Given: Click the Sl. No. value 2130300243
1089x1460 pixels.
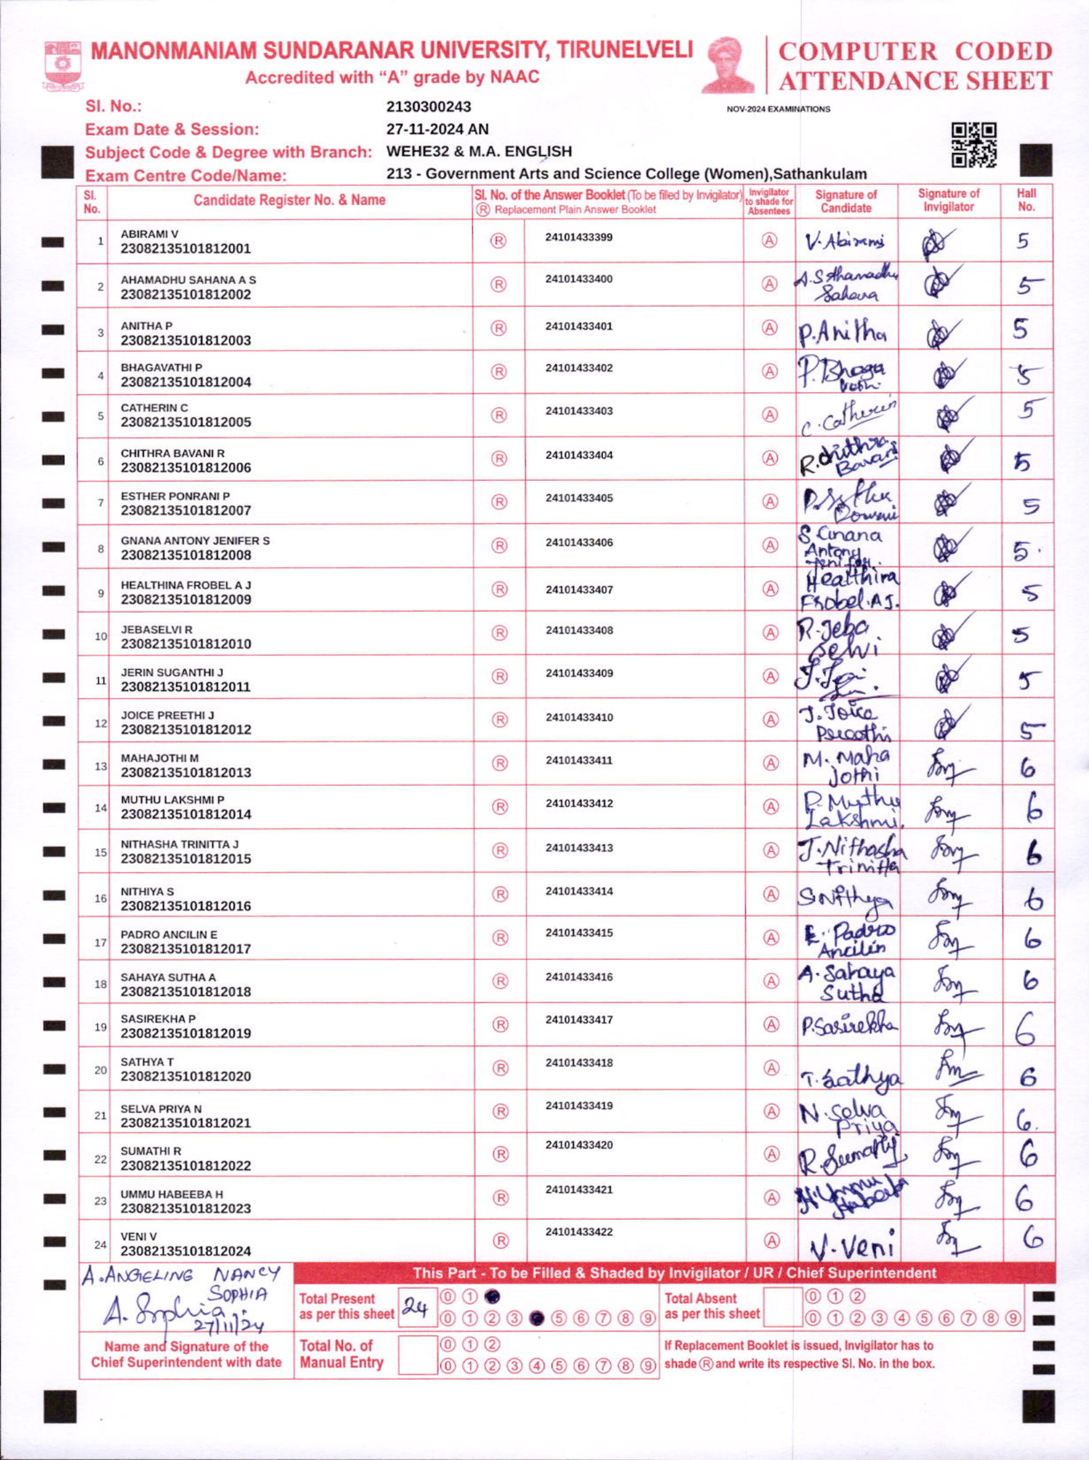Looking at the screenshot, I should (429, 107).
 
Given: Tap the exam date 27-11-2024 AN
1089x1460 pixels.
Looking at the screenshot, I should (437, 129).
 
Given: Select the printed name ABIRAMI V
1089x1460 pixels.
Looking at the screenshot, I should (149, 234).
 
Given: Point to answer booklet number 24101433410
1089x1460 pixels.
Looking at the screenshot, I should (579, 717).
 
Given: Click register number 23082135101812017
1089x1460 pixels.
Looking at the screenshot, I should (185, 949).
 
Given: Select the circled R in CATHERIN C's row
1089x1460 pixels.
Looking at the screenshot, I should (499, 415).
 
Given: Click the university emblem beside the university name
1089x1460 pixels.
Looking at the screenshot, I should (62, 65).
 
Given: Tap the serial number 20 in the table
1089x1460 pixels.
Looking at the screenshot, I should (100, 1070).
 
